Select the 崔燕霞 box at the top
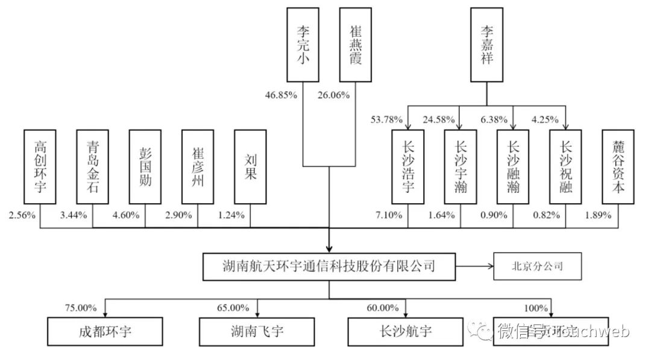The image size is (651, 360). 355,45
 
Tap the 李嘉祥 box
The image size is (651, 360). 486,45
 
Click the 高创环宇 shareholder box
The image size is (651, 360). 40,166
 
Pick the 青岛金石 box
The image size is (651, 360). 92,166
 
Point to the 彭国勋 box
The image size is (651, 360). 145,166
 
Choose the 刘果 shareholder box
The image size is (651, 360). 250,166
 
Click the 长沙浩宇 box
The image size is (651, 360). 407,166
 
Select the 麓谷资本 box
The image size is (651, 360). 618,166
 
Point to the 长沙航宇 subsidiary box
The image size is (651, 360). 407,331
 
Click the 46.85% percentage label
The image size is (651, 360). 281,95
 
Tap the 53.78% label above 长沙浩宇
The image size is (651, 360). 387,119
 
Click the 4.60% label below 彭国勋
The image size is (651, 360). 127,215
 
